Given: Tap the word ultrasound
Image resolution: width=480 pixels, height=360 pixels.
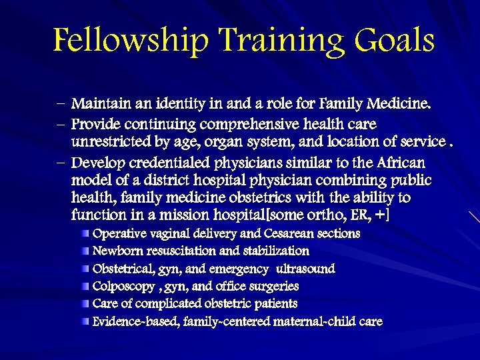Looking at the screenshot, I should click(305, 269).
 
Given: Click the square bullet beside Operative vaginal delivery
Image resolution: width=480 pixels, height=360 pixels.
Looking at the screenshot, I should click(86, 233).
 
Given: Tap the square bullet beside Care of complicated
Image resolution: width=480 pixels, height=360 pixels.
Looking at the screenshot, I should click(86, 304).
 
